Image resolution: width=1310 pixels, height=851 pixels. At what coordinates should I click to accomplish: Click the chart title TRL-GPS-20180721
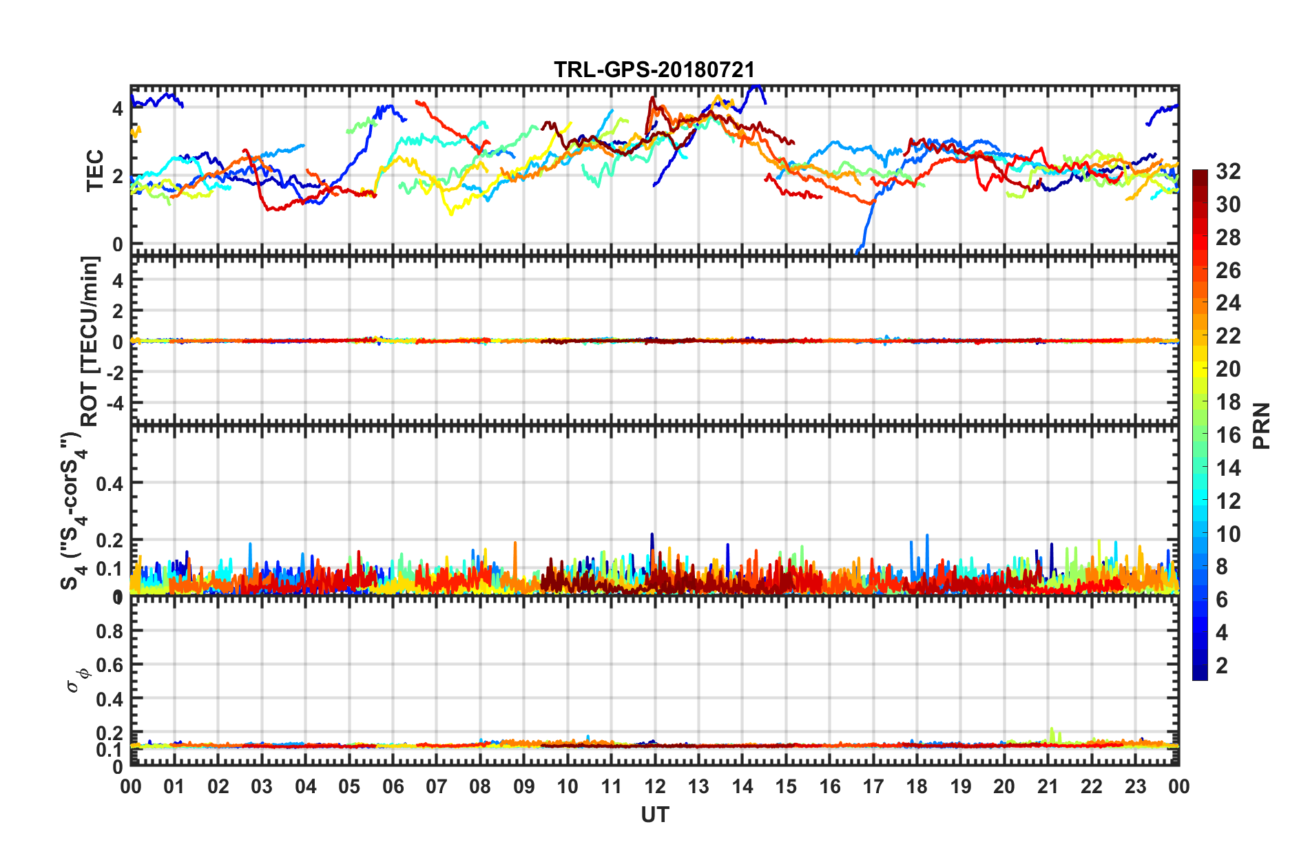tap(654, 70)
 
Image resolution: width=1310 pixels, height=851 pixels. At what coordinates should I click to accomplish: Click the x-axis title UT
tap(654, 815)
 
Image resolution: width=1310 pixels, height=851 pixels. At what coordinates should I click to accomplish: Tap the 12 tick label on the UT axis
tap(655, 786)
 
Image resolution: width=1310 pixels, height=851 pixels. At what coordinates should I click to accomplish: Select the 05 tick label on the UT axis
tap(349, 786)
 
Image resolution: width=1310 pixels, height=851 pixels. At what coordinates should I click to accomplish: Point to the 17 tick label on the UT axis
tap(873, 786)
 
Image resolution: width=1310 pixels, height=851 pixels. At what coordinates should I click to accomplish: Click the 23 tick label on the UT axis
tap(1135, 786)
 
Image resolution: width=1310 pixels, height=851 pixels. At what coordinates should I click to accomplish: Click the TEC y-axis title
tap(94, 170)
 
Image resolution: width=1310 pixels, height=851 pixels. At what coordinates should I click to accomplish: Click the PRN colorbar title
tap(1262, 425)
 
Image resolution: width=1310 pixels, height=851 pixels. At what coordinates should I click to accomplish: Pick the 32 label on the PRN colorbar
tap(1228, 171)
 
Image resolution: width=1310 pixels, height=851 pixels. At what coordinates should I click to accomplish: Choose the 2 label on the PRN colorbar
tap(1222, 665)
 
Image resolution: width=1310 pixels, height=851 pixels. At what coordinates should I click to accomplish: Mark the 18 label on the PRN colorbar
tap(1228, 402)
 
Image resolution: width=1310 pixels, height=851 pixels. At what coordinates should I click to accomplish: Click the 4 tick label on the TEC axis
tap(118, 109)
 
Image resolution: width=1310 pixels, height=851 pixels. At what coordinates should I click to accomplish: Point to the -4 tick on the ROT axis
tap(114, 402)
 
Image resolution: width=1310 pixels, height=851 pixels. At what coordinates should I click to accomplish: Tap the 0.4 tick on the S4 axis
tap(110, 483)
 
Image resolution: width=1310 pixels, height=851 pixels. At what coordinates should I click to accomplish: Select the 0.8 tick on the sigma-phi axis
tap(110, 631)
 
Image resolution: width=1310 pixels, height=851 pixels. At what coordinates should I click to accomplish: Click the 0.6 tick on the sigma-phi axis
tap(110, 665)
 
